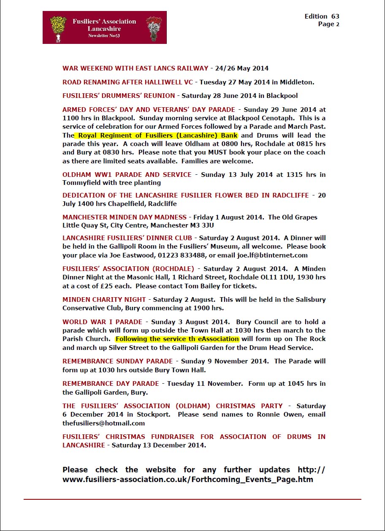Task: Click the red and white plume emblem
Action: pos(154,28)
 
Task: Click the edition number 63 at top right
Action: pos(335,16)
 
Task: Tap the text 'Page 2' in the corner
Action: pos(329,24)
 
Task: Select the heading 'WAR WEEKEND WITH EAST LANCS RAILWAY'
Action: pos(136,68)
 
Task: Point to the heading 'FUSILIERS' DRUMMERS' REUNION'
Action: pos(119,95)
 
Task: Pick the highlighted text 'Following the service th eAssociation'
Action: pos(177,339)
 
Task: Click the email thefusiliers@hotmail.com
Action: pos(104,423)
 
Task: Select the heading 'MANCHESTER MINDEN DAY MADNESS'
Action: pos(125,217)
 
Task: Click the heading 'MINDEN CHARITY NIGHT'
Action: pos(104,299)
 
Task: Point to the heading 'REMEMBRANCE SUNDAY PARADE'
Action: pos(118,361)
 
